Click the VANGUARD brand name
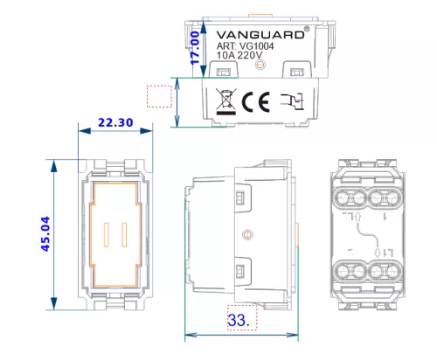260,35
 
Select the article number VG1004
256,46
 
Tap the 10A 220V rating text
239,55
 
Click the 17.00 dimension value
195,48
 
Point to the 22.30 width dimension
115,122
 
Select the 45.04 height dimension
45,234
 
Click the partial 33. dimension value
239,320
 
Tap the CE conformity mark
256,102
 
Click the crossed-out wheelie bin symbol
226,101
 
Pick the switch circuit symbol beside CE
292,101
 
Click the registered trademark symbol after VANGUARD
307,29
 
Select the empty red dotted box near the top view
159,96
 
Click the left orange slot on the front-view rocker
107,235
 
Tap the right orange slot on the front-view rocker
124,235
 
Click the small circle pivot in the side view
247,234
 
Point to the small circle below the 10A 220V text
260,65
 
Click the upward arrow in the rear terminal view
358,217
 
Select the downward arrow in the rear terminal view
378,253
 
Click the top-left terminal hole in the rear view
343,198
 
